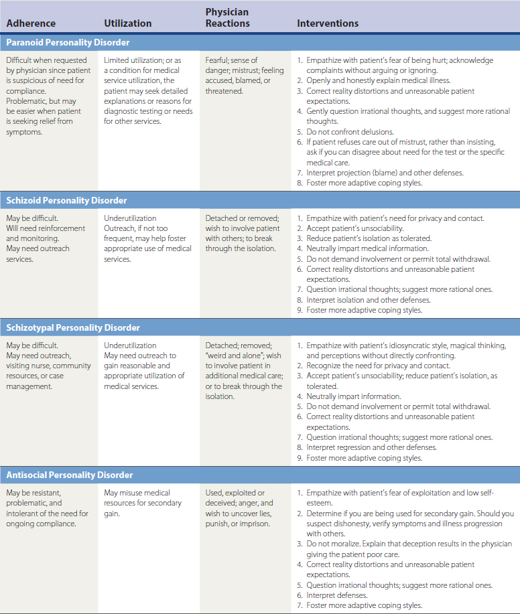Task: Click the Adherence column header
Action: coord(31,23)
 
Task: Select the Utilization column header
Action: coord(128,23)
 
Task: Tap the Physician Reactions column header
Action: coord(227,18)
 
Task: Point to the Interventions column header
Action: coord(328,23)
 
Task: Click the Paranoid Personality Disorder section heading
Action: coord(68,42)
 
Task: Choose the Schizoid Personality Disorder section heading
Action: coord(66,200)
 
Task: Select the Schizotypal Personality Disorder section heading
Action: coord(73,327)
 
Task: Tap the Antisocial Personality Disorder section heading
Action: coord(70,475)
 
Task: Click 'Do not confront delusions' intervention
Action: coord(350,132)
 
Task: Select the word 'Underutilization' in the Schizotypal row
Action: coord(130,346)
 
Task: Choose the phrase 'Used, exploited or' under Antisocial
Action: coord(235,493)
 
